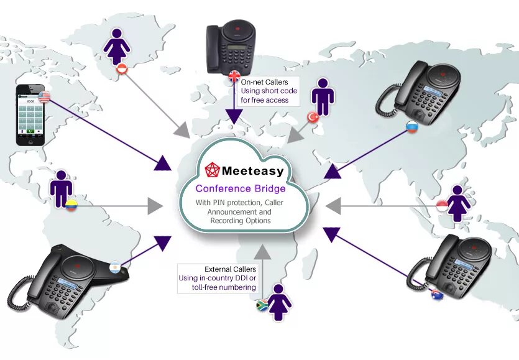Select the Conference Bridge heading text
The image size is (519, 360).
pyautogui.click(x=241, y=188)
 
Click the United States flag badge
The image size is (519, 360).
pyautogui.click(x=44, y=96)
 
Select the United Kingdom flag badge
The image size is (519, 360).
pyautogui.click(x=234, y=76)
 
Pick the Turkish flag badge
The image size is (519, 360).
pyautogui.click(x=313, y=116)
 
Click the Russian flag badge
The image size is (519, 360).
pyautogui.click(x=412, y=127)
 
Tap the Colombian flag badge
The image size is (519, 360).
pyautogui.click(x=71, y=205)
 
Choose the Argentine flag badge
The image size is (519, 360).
pyautogui.click(x=114, y=267)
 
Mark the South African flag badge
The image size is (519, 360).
pyautogui.click(x=262, y=305)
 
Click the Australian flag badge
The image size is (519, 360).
pyautogui.click(x=437, y=295)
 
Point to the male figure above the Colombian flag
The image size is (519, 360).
pyautogui.click(x=61, y=187)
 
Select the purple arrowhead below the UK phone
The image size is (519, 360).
pyautogui.click(x=234, y=116)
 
